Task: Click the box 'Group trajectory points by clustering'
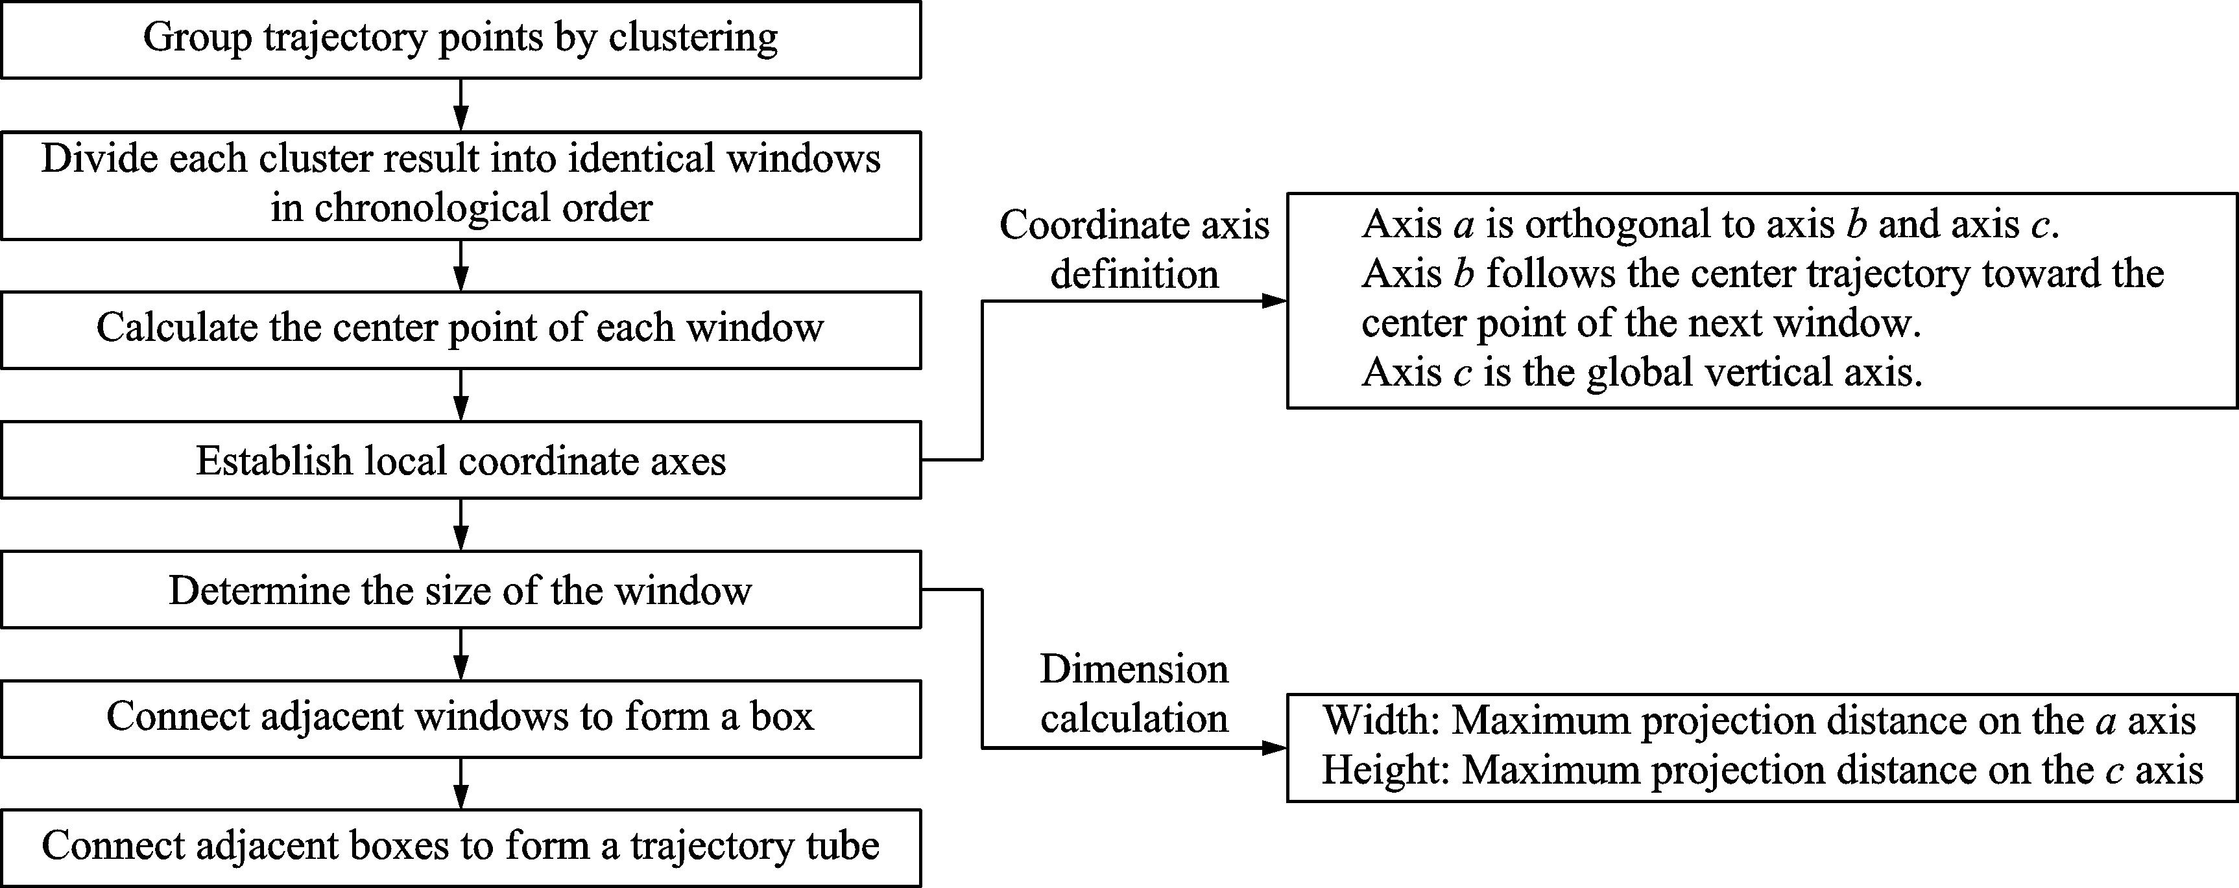(461, 40)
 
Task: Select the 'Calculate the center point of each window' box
(461, 330)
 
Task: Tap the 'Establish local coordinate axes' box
(461, 460)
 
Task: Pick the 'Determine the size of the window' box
(461, 589)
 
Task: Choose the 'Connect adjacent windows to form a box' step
(461, 719)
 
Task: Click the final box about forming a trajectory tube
(461, 848)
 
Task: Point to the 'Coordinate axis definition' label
(1134, 250)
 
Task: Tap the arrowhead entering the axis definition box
(1275, 301)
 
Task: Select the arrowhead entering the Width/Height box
(1275, 747)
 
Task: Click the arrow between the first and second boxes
(462, 105)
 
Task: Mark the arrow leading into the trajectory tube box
(462, 784)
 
